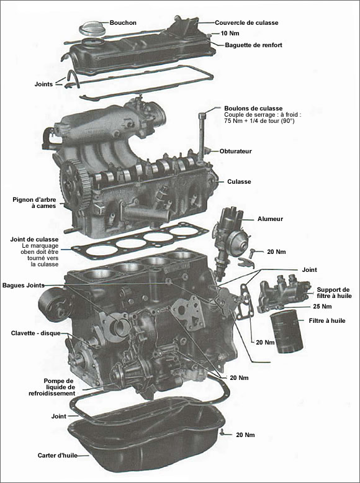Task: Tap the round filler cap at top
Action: pos(92,29)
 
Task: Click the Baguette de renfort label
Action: pos(253,45)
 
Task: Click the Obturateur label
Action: pos(236,151)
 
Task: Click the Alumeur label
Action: pos(270,219)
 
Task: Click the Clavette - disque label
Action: pos(35,333)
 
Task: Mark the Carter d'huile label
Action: pos(58,454)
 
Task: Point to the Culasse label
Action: pos(239,181)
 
